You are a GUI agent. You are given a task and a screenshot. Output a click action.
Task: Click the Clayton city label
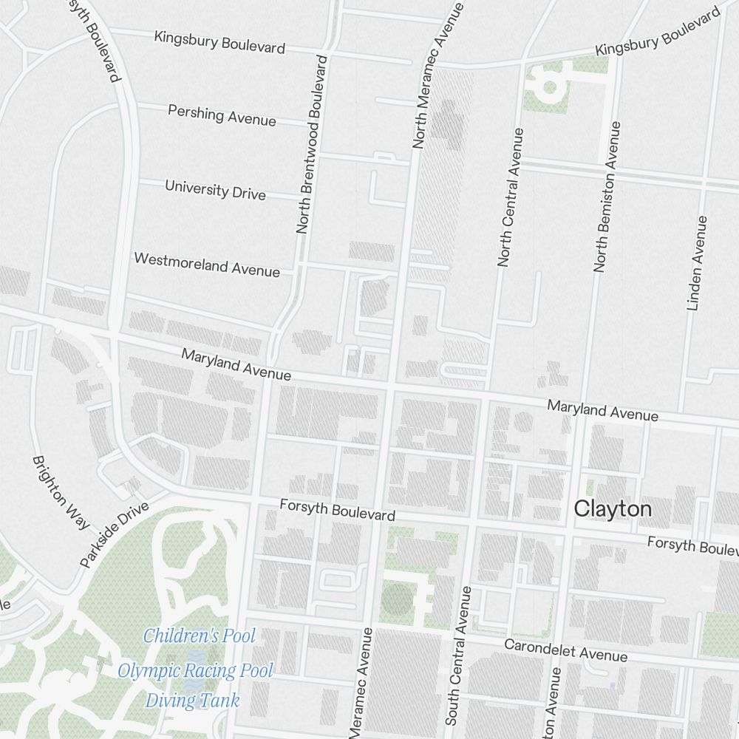pyautogui.click(x=613, y=508)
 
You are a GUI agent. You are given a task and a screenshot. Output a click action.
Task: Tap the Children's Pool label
pyautogui.click(x=199, y=636)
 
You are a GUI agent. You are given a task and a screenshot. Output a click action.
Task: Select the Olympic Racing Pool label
pyautogui.click(x=195, y=671)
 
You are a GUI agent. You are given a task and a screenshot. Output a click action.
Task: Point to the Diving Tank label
pyautogui.click(x=192, y=701)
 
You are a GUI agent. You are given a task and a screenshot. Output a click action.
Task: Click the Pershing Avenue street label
pyautogui.click(x=222, y=115)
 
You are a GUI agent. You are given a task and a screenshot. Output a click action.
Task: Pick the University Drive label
pyautogui.click(x=215, y=189)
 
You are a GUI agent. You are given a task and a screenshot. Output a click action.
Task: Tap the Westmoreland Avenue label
pyautogui.click(x=207, y=265)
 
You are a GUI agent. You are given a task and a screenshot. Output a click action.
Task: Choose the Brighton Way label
pyautogui.click(x=61, y=491)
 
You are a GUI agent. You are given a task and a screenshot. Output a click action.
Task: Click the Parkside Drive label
pyautogui.click(x=115, y=535)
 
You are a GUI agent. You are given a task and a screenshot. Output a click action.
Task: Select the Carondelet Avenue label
pyautogui.click(x=565, y=650)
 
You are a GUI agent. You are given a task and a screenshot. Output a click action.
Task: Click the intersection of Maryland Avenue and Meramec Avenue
pyautogui.click(x=389, y=386)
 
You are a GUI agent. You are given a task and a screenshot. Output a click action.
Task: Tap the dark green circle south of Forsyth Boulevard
pyautogui.click(x=396, y=599)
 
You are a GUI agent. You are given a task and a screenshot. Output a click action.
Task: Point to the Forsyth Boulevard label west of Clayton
pyautogui.click(x=337, y=510)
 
